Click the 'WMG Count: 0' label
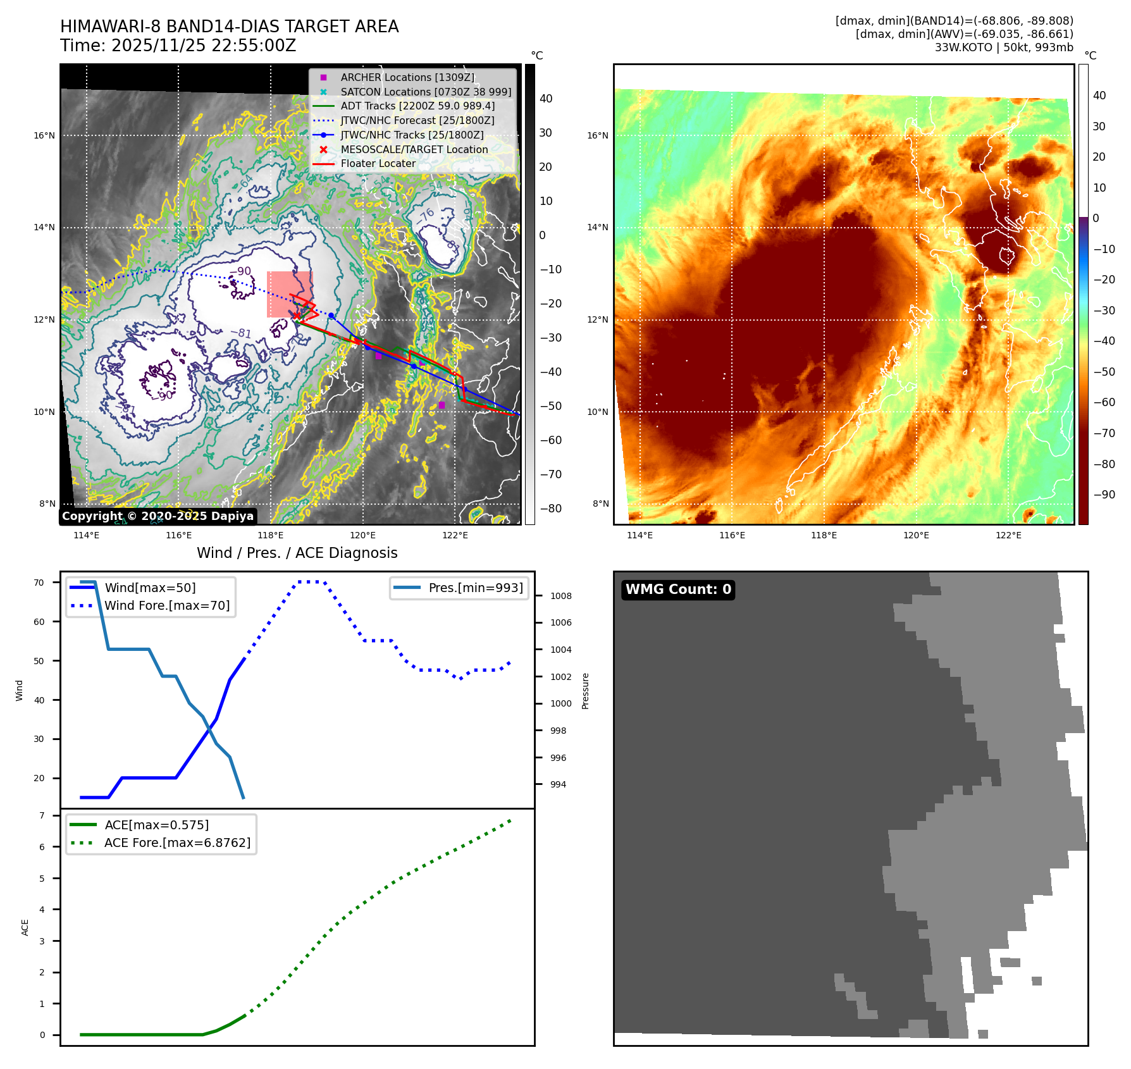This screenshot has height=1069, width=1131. click(x=677, y=590)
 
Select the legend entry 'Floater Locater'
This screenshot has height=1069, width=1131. click(x=378, y=164)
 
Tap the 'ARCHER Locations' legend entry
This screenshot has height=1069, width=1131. click(x=407, y=78)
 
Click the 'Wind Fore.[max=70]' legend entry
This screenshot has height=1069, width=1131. click(x=167, y=605)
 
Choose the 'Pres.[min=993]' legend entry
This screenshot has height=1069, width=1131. click(x=475, y=588)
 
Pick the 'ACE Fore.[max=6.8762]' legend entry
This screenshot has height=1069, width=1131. click(x=177, y=843)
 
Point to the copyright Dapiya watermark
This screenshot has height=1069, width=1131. click(x=158, y=516)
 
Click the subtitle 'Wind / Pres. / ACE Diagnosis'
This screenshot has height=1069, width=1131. click(x=297, y=553)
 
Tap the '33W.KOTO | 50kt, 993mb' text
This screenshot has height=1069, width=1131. click(x=1004, y=47)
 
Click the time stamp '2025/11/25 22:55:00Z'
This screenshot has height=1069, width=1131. click(x=203, y=46)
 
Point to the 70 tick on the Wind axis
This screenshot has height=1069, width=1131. click(x=39, y=583)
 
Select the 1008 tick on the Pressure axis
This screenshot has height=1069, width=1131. click(x=560, y=596)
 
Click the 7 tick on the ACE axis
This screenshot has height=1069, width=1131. click(x=42, y=815)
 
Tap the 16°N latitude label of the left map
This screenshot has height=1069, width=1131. click(x=44, y=135)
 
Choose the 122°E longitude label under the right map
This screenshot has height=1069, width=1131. click(x=1008, y=535)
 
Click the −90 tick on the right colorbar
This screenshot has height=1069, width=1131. click(x=1104, y=495)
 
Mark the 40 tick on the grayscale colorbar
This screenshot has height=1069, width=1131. click(x=545, y=99)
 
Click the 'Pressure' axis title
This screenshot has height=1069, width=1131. click(x=585, y=691)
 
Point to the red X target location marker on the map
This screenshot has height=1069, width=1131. click(x=295, y=315)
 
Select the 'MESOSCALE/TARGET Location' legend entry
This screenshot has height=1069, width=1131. click(x=414, y=150)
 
